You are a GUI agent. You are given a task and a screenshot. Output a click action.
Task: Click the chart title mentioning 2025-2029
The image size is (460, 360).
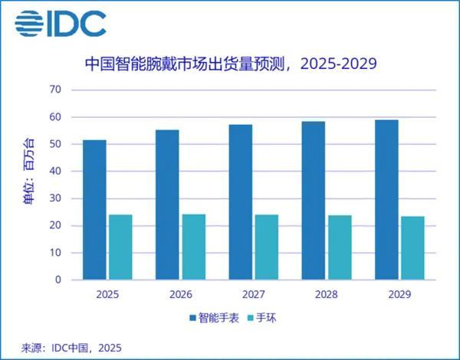(x=230, y=64)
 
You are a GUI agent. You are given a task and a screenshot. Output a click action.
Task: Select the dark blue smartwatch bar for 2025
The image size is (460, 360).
(x=94, y=210)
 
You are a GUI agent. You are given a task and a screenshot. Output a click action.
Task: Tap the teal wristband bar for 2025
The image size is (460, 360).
(x=120, y=247)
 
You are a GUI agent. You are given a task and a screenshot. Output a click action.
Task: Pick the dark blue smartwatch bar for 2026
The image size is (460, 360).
(x=167, y=205)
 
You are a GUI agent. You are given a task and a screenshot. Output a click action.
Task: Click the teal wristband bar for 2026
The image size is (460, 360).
(x=193, y=247)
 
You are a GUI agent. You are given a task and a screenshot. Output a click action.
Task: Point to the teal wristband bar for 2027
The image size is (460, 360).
(x=267, y=247)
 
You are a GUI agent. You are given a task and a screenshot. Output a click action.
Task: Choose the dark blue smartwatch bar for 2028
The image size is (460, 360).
(x=313, y=201)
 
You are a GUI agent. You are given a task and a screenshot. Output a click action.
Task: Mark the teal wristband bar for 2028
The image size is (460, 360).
(x=340, y=247)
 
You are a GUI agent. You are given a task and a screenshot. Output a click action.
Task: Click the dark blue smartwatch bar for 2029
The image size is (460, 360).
(x=386, y=200)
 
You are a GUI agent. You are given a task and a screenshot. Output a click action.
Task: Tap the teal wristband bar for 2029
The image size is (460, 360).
(x=412, y=248)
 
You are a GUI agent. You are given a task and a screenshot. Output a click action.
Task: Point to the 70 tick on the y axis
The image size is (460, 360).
(x=54, y=90)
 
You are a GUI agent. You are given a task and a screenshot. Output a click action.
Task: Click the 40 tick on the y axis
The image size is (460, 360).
(x=54, y=172)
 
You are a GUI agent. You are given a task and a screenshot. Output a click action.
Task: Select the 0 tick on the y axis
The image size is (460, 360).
(x=58, y=280)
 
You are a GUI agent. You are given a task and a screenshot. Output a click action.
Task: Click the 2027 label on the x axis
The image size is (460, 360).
(x=253, y=294)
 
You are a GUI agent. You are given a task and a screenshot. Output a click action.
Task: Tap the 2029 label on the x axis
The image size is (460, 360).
(x=399, y=294)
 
